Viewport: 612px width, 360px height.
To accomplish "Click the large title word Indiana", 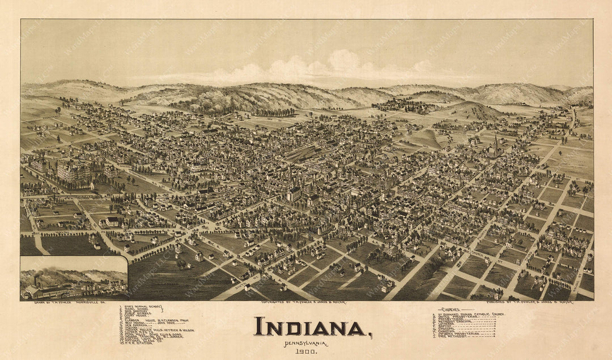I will pos(310,327).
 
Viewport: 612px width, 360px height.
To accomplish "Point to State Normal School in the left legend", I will pos(142,307).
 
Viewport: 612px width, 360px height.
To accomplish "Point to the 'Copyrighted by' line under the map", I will pos(303,302).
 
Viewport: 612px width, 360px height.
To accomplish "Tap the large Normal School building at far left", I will pos(74,173).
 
